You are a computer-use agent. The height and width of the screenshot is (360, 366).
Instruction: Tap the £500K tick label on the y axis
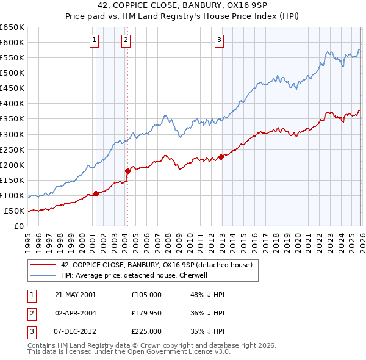pyautogui.click(x=12, y=73)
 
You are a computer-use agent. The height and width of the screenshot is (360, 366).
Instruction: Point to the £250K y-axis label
pyautogui.click(x=12, y=149)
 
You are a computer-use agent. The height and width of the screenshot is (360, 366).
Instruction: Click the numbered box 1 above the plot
pyautogui.click(x=95, y=41)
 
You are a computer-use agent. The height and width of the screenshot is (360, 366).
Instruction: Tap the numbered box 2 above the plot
pyautogui.click(x=126, y=41)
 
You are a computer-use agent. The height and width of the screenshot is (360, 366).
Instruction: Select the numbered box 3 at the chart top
pyautogui.click(x=219, y=41)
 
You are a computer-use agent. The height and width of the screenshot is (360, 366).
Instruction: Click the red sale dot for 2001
pyautogui.click(x=96, y=193)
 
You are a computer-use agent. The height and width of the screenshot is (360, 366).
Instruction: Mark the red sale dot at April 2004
pyautogui.click(x=127, y=171)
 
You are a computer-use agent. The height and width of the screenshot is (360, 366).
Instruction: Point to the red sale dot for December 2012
pyautogui.click(x=221, y=157)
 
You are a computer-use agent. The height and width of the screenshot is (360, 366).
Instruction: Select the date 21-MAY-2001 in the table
pyautogui.click(x=75, y=294)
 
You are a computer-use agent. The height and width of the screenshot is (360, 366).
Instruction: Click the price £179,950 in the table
pyautogui.click(x=146, y=313)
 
